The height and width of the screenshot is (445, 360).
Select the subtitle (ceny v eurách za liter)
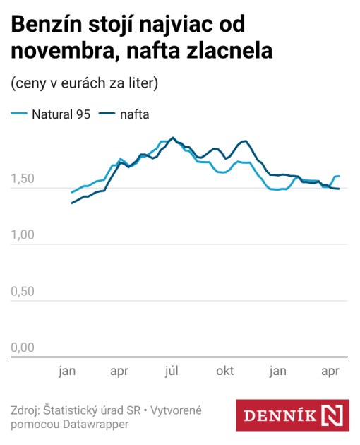point(84,83)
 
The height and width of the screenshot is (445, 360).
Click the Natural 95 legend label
point(61,114)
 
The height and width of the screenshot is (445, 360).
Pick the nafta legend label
point(134,114)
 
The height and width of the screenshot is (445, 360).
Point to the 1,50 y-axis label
point(23,180)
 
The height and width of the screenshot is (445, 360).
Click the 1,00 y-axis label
point(23,236)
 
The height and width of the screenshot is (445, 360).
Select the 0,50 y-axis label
point(23,292)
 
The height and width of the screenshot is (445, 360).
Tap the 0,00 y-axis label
point(23,348)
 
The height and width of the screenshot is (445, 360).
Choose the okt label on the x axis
point(225,371)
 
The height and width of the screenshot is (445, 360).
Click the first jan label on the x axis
point(67,371)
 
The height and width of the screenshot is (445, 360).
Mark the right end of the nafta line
point(339,189)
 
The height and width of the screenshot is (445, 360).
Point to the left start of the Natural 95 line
point(71,192)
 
